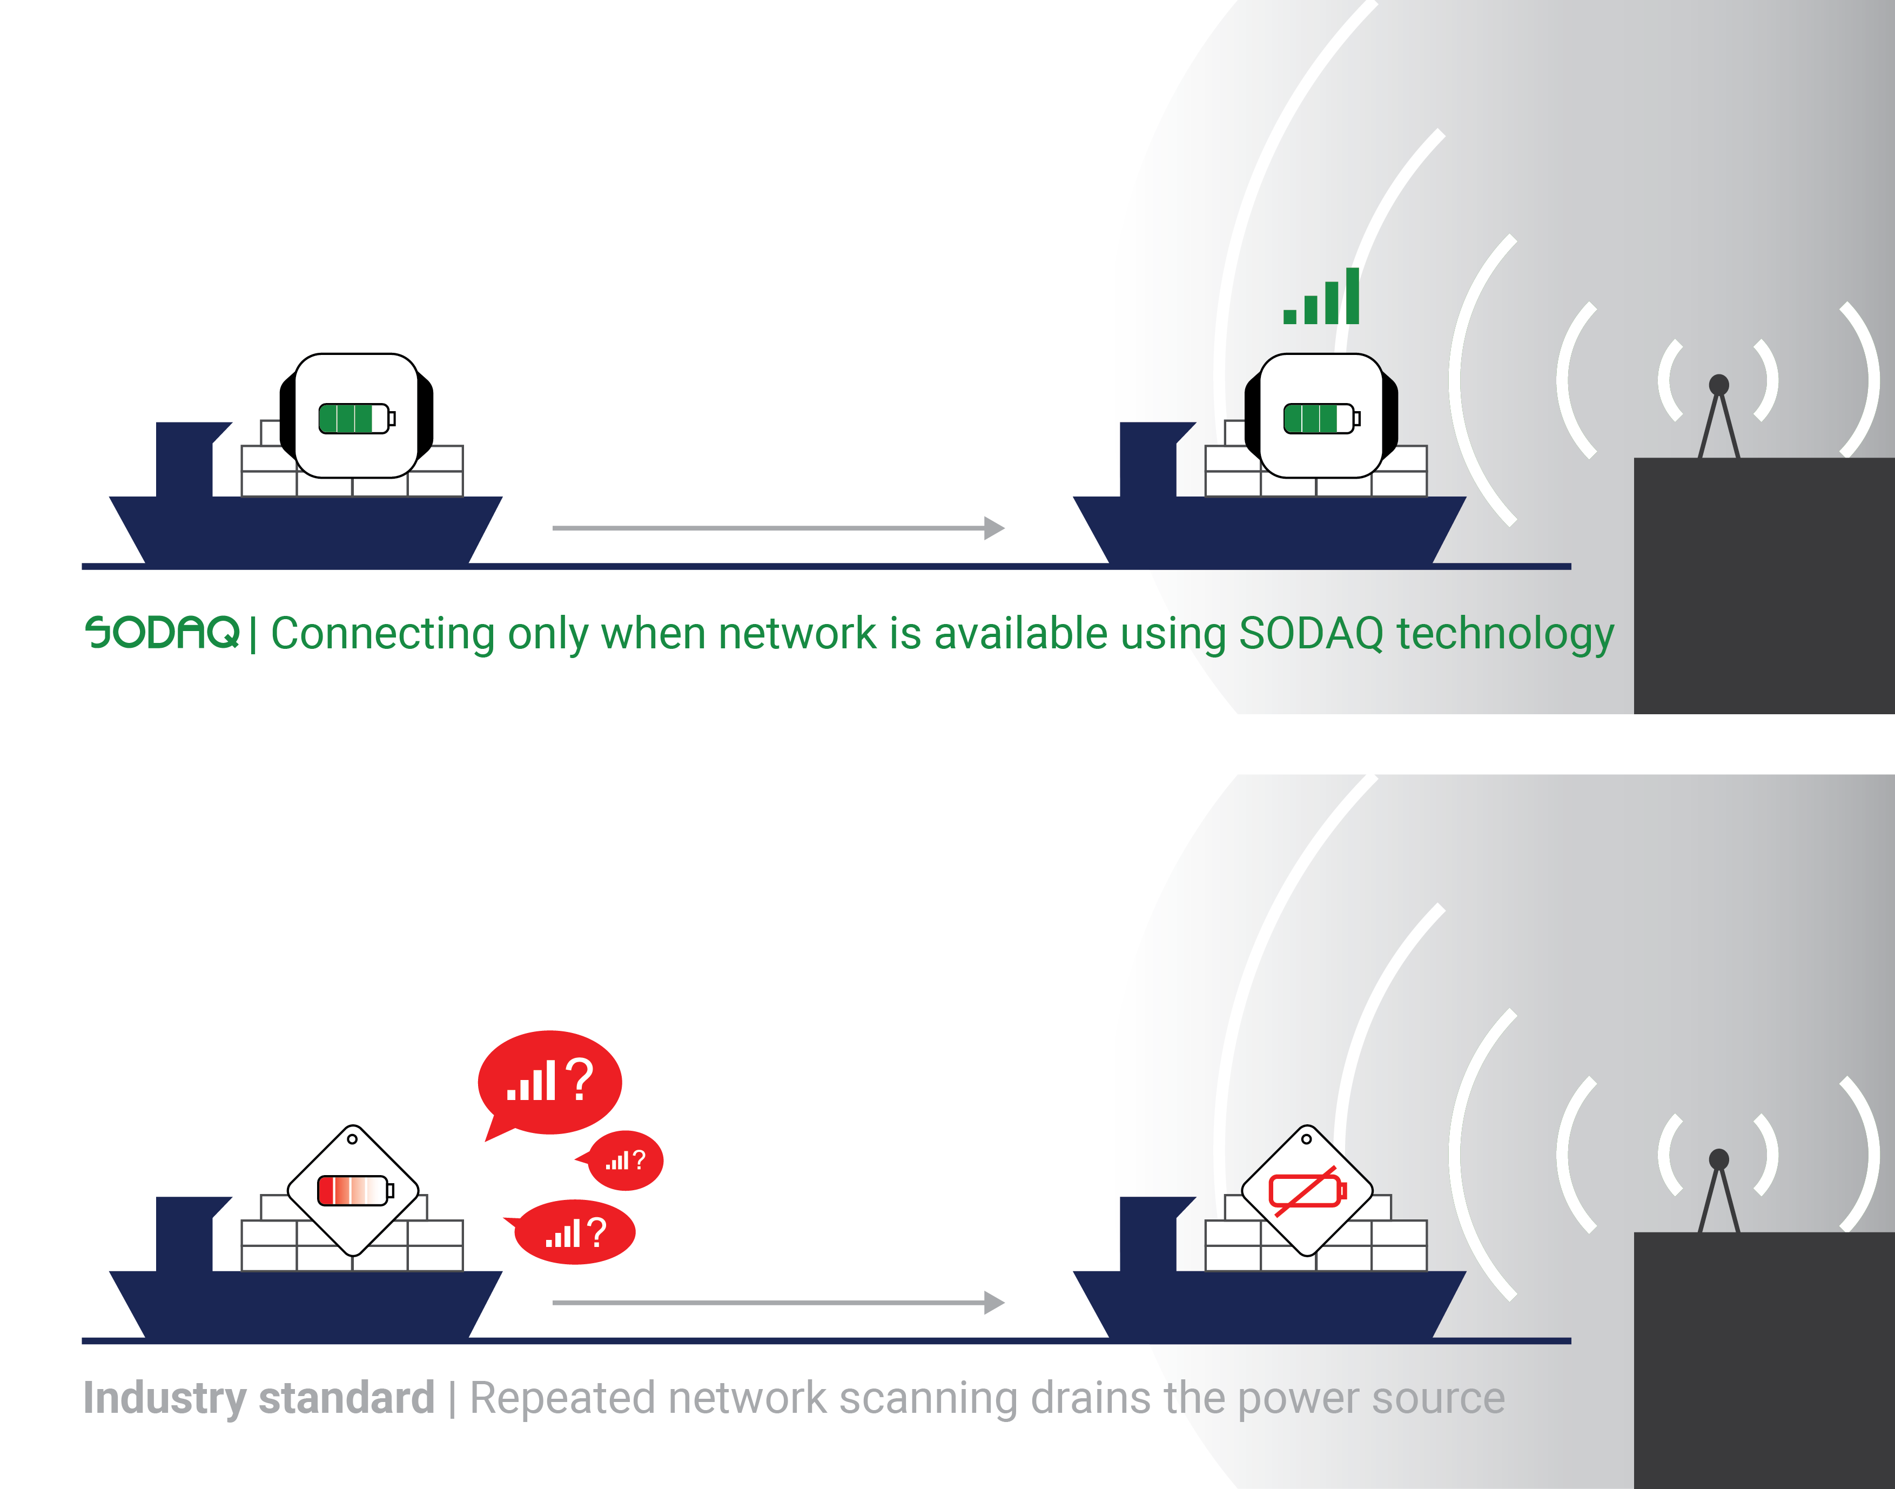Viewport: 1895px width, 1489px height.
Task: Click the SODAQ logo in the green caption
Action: (x=162, y=632)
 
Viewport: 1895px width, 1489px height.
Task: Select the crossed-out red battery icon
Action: (x=1307, y=1191)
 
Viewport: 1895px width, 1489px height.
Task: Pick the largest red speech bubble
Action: (x=550, y=1082)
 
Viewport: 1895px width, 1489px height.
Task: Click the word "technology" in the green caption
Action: (x=1506, y=634)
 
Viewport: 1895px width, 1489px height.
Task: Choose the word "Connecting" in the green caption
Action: (x=382, y=634)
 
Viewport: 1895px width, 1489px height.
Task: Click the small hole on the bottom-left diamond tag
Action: (x=352, y=1138)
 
